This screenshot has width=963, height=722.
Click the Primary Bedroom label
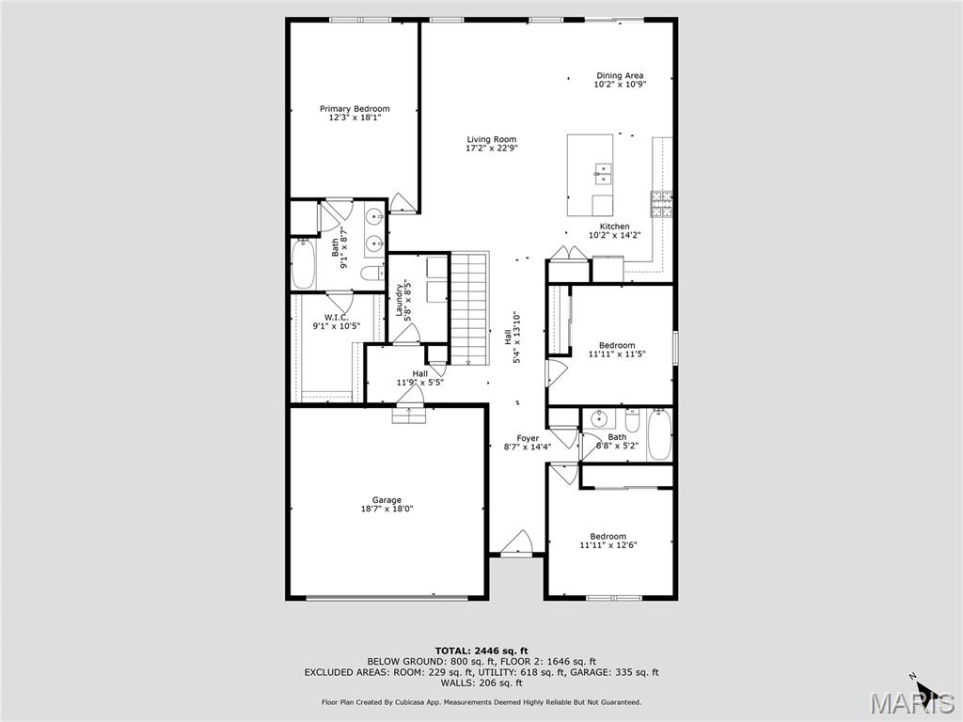pos(354,109)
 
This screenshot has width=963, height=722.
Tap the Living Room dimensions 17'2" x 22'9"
pos(492,148)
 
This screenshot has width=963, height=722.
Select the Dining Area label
pos(620,75)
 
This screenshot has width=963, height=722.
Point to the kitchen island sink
pos(602,173)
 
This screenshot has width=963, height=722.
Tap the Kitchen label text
pos(614,227)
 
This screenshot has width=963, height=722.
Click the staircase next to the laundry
pos(470,307)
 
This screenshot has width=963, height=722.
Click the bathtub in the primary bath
pos(303,265)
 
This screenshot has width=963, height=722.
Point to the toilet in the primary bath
pos(372,274)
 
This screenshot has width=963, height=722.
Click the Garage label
pos(387,500)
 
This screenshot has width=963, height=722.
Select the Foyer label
pos(527,439)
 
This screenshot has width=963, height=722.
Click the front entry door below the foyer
pos(516,545)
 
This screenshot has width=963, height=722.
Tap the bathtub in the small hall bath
pos(659,434)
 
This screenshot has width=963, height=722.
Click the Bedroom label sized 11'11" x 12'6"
pos(608,537)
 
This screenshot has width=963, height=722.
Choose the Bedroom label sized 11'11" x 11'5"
pos(611,345)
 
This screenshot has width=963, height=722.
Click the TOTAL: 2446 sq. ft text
pos(481,651)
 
